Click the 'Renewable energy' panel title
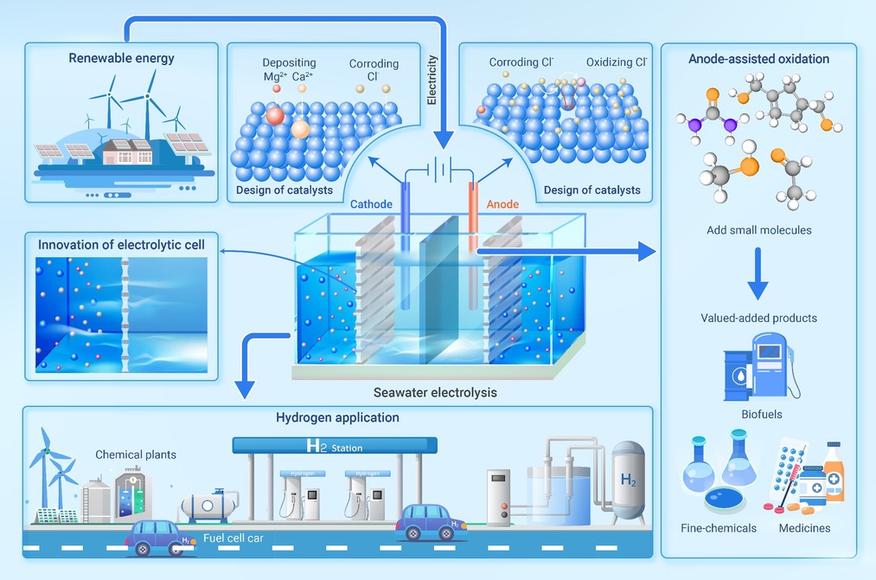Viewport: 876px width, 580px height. pos(121,59)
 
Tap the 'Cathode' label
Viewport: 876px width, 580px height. pos(371,204)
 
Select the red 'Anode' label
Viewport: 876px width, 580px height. pos(502,204)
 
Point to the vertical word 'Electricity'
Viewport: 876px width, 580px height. pos(432,80)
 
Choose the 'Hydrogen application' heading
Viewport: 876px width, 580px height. pos(337,417)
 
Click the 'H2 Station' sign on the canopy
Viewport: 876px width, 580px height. pos(335,447)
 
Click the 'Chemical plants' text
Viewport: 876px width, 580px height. pos(136,454)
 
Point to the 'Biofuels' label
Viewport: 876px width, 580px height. pos(761,414)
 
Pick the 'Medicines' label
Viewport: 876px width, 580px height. pos(804,528)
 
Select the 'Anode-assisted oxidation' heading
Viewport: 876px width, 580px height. pos(758,59)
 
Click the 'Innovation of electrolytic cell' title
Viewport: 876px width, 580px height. pos(121,245)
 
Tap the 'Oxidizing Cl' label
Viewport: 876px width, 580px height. pos(617,62)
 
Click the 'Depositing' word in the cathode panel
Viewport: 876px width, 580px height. pos(289,62)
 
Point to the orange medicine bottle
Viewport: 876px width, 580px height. pos(833,472)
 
